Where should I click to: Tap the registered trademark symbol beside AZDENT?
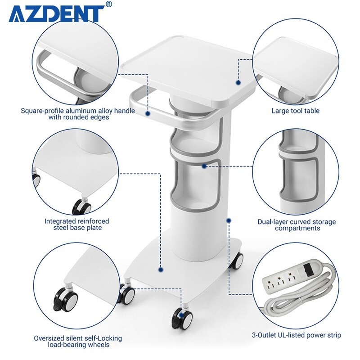(108, 5)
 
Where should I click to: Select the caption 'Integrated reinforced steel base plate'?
(76, 224)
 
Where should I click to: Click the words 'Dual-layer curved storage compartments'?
(296, 225)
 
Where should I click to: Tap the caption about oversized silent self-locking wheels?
(77, 341)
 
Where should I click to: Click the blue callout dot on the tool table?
(238, 82)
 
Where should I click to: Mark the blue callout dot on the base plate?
(161, 270)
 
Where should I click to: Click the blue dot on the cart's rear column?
(229, 220)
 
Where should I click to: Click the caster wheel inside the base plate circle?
(81, 207)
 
